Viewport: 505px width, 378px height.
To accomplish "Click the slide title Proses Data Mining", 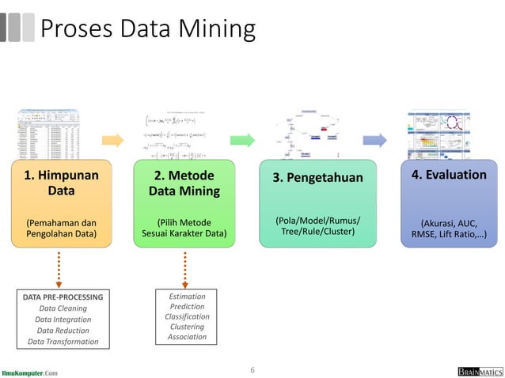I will click(147, 29).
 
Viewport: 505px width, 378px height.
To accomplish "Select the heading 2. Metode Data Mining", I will click(184, 183).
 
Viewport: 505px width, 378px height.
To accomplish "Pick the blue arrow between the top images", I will click(378, 141).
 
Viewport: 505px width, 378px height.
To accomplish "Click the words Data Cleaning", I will click(63, 308).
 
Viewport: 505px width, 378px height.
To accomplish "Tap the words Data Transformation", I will click(63, 342).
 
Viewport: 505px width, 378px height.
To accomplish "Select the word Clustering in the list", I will click(187, 327).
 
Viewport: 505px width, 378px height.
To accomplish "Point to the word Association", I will click(187, 337).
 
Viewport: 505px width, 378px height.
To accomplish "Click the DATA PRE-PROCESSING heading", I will click(63, 297).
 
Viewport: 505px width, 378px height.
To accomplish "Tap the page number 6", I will click(252, 369).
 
